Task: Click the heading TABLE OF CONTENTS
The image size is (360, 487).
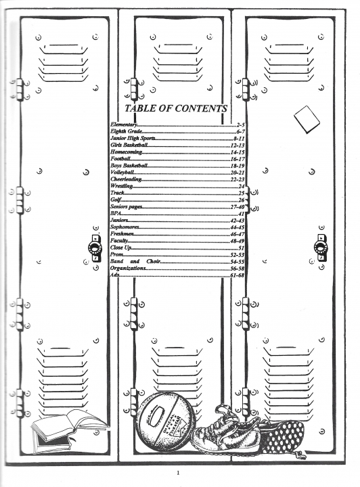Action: pyautogui.click(x=176, y=108)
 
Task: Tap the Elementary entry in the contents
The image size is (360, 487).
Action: pyautogui.click(x=123, y=124)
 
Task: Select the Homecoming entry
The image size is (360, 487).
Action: pyautogui.click(x=126, y=152)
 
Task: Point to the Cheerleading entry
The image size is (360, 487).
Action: pyautogui.click(x=126, y=179)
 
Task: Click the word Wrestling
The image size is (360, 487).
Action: pyautogui.click(x=121, y=186)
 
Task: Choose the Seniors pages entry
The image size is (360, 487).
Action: pyautogui.click(x=126, y=206)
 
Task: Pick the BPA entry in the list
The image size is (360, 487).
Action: pyautogui.click(x=115, y=213)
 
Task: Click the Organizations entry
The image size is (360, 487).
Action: pyautogui.click(x=128, y=268)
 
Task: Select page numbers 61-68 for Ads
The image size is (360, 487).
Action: pyautogui.click(x=238, y=275)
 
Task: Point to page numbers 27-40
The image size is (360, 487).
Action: pyautogui.click(x=238, y=207)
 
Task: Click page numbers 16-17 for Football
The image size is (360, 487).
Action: pyautogui.click(x=238, y=159)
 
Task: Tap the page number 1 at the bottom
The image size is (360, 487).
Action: pyautogui.click(x=178, y=473)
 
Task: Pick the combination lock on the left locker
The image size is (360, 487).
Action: pyautogui.click(x=95, y=248)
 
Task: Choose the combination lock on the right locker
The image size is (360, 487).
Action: pyautogui.click(x=321, y=248)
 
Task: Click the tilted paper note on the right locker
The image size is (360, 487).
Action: pyautogui.click(x=307, y=120)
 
